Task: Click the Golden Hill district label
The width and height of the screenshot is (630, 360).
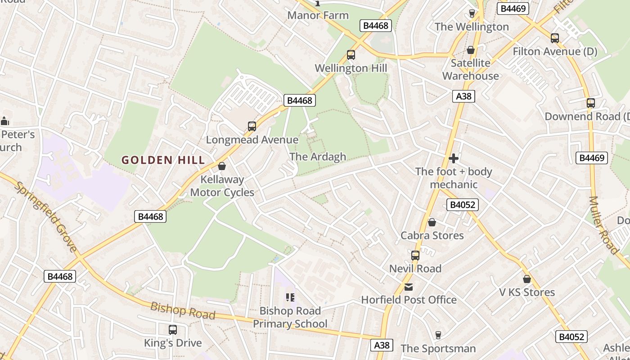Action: pyautogui.click(x=163, y=160)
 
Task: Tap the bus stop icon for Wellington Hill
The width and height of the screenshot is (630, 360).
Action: pyautogui.click(x=351, y=55)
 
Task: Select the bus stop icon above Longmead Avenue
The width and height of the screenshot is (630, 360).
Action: pyautogui.click(x=252, y=126)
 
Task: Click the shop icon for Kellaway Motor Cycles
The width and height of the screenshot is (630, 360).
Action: pyautogui.click(x=221, y=166)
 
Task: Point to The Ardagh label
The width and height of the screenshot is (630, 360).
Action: pyautogui.click(x=318, y=157)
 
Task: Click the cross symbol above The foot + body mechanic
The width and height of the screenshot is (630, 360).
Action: pyautogui.click(x=454, y=158)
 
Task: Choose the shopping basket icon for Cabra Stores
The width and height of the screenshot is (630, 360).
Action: pyautogui.click(x=432, y=222)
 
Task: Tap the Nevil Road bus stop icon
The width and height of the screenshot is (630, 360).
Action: pyautogui.click(x=415, y=256)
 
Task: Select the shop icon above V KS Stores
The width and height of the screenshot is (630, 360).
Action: pyautogui.click(x=527, y=279)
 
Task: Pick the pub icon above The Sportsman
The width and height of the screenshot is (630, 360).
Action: pyautogui.click(x=438, y=335)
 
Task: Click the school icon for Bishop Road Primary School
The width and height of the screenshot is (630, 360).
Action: pyautogui.click(x=290, y=297)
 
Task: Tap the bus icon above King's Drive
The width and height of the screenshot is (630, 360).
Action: pyautogui.click(x=173, y=330)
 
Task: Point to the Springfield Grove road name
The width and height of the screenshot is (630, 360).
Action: pyautogui.click(x=46, y=216)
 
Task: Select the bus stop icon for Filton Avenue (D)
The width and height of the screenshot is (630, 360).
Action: pyautogui.click(x=555, y=38)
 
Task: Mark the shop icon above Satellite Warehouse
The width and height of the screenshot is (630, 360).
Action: pyautogui.click(x=471, y=50)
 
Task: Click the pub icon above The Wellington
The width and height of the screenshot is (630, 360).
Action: pyautogui.click(x=472, y=13)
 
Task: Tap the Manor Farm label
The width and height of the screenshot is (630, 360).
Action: pyautogui.click(x=318, y=15)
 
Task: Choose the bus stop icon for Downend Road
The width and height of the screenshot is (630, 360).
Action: pyautogui.click(x=591, y=103)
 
